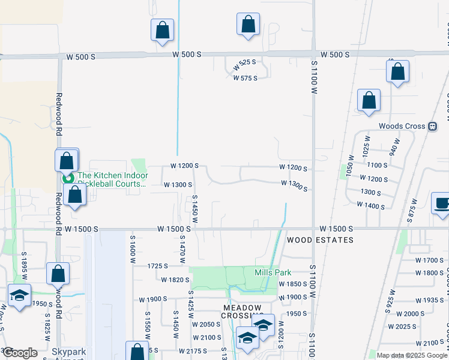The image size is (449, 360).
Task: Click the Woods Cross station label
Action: point(402,127)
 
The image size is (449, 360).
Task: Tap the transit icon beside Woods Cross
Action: point(432,127)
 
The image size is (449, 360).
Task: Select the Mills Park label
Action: point(273,272)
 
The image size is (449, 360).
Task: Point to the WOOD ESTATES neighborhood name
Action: point(320,239)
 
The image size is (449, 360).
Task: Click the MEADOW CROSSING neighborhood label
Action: point(241,307)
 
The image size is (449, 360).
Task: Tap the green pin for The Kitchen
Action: point(68,178)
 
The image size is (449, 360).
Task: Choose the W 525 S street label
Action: point(244,62)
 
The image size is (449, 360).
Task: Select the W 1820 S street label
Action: point(175,280)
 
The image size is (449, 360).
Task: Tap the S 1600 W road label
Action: point(133,249)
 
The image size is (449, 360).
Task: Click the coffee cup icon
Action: point(441,203)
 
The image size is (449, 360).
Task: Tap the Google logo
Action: point(19,353)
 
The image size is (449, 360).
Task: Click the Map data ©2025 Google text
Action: point(412,355)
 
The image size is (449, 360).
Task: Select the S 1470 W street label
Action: point(182,249)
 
